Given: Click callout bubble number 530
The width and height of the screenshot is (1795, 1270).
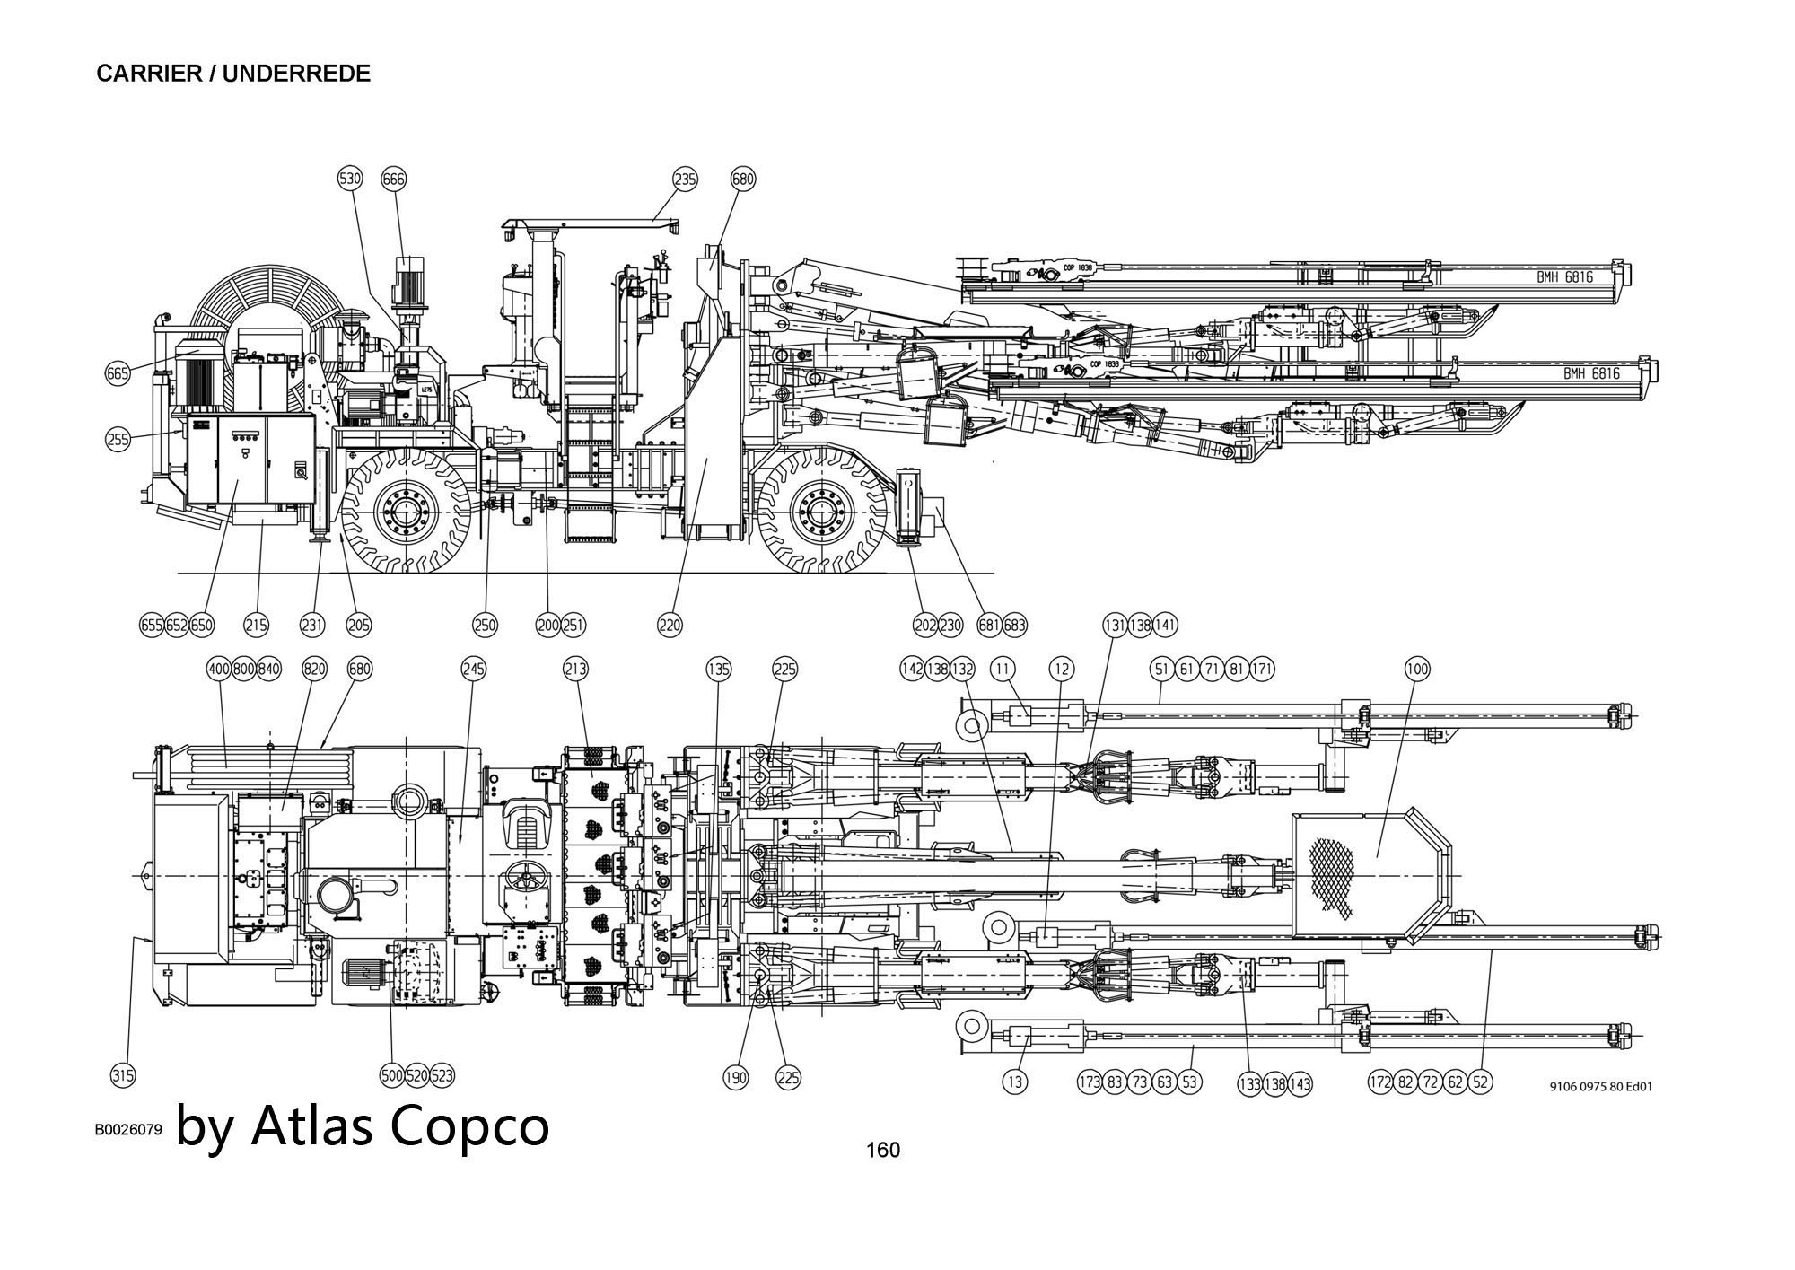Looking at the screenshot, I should pos(350,179).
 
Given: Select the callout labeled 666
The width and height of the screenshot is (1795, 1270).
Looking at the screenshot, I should pos(394,179).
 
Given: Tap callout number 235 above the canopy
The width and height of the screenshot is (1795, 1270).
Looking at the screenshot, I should pos(685,180).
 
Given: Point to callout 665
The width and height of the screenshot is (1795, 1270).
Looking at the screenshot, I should pos(118,373).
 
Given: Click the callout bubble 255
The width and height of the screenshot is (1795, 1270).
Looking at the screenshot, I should pos(118,439).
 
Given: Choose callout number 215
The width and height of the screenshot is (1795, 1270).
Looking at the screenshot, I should pos(256,625).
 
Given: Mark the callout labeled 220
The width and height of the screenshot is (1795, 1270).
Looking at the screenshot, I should pos(670,625).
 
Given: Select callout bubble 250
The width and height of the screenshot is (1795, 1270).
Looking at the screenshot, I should pos(485,625).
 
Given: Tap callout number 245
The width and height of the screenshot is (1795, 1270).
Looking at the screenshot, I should pos(474,669).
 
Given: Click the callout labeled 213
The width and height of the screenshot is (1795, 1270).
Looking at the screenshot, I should pos(576,669).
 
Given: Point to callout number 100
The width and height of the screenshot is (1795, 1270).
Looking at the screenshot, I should pos(1417,669).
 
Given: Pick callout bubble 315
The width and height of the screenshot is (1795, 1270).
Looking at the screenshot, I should pos(123,1075).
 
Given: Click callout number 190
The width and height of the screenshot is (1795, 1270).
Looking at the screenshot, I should pos(735,1078).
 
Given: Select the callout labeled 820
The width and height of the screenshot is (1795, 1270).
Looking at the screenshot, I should pos(314,669).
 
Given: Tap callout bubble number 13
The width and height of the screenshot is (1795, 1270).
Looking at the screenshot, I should pos(1014,1082).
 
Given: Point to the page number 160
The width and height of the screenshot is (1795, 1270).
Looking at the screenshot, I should pos(882,1150).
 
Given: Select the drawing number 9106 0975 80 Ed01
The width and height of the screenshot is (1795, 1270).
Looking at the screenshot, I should pos(1600,1086).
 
